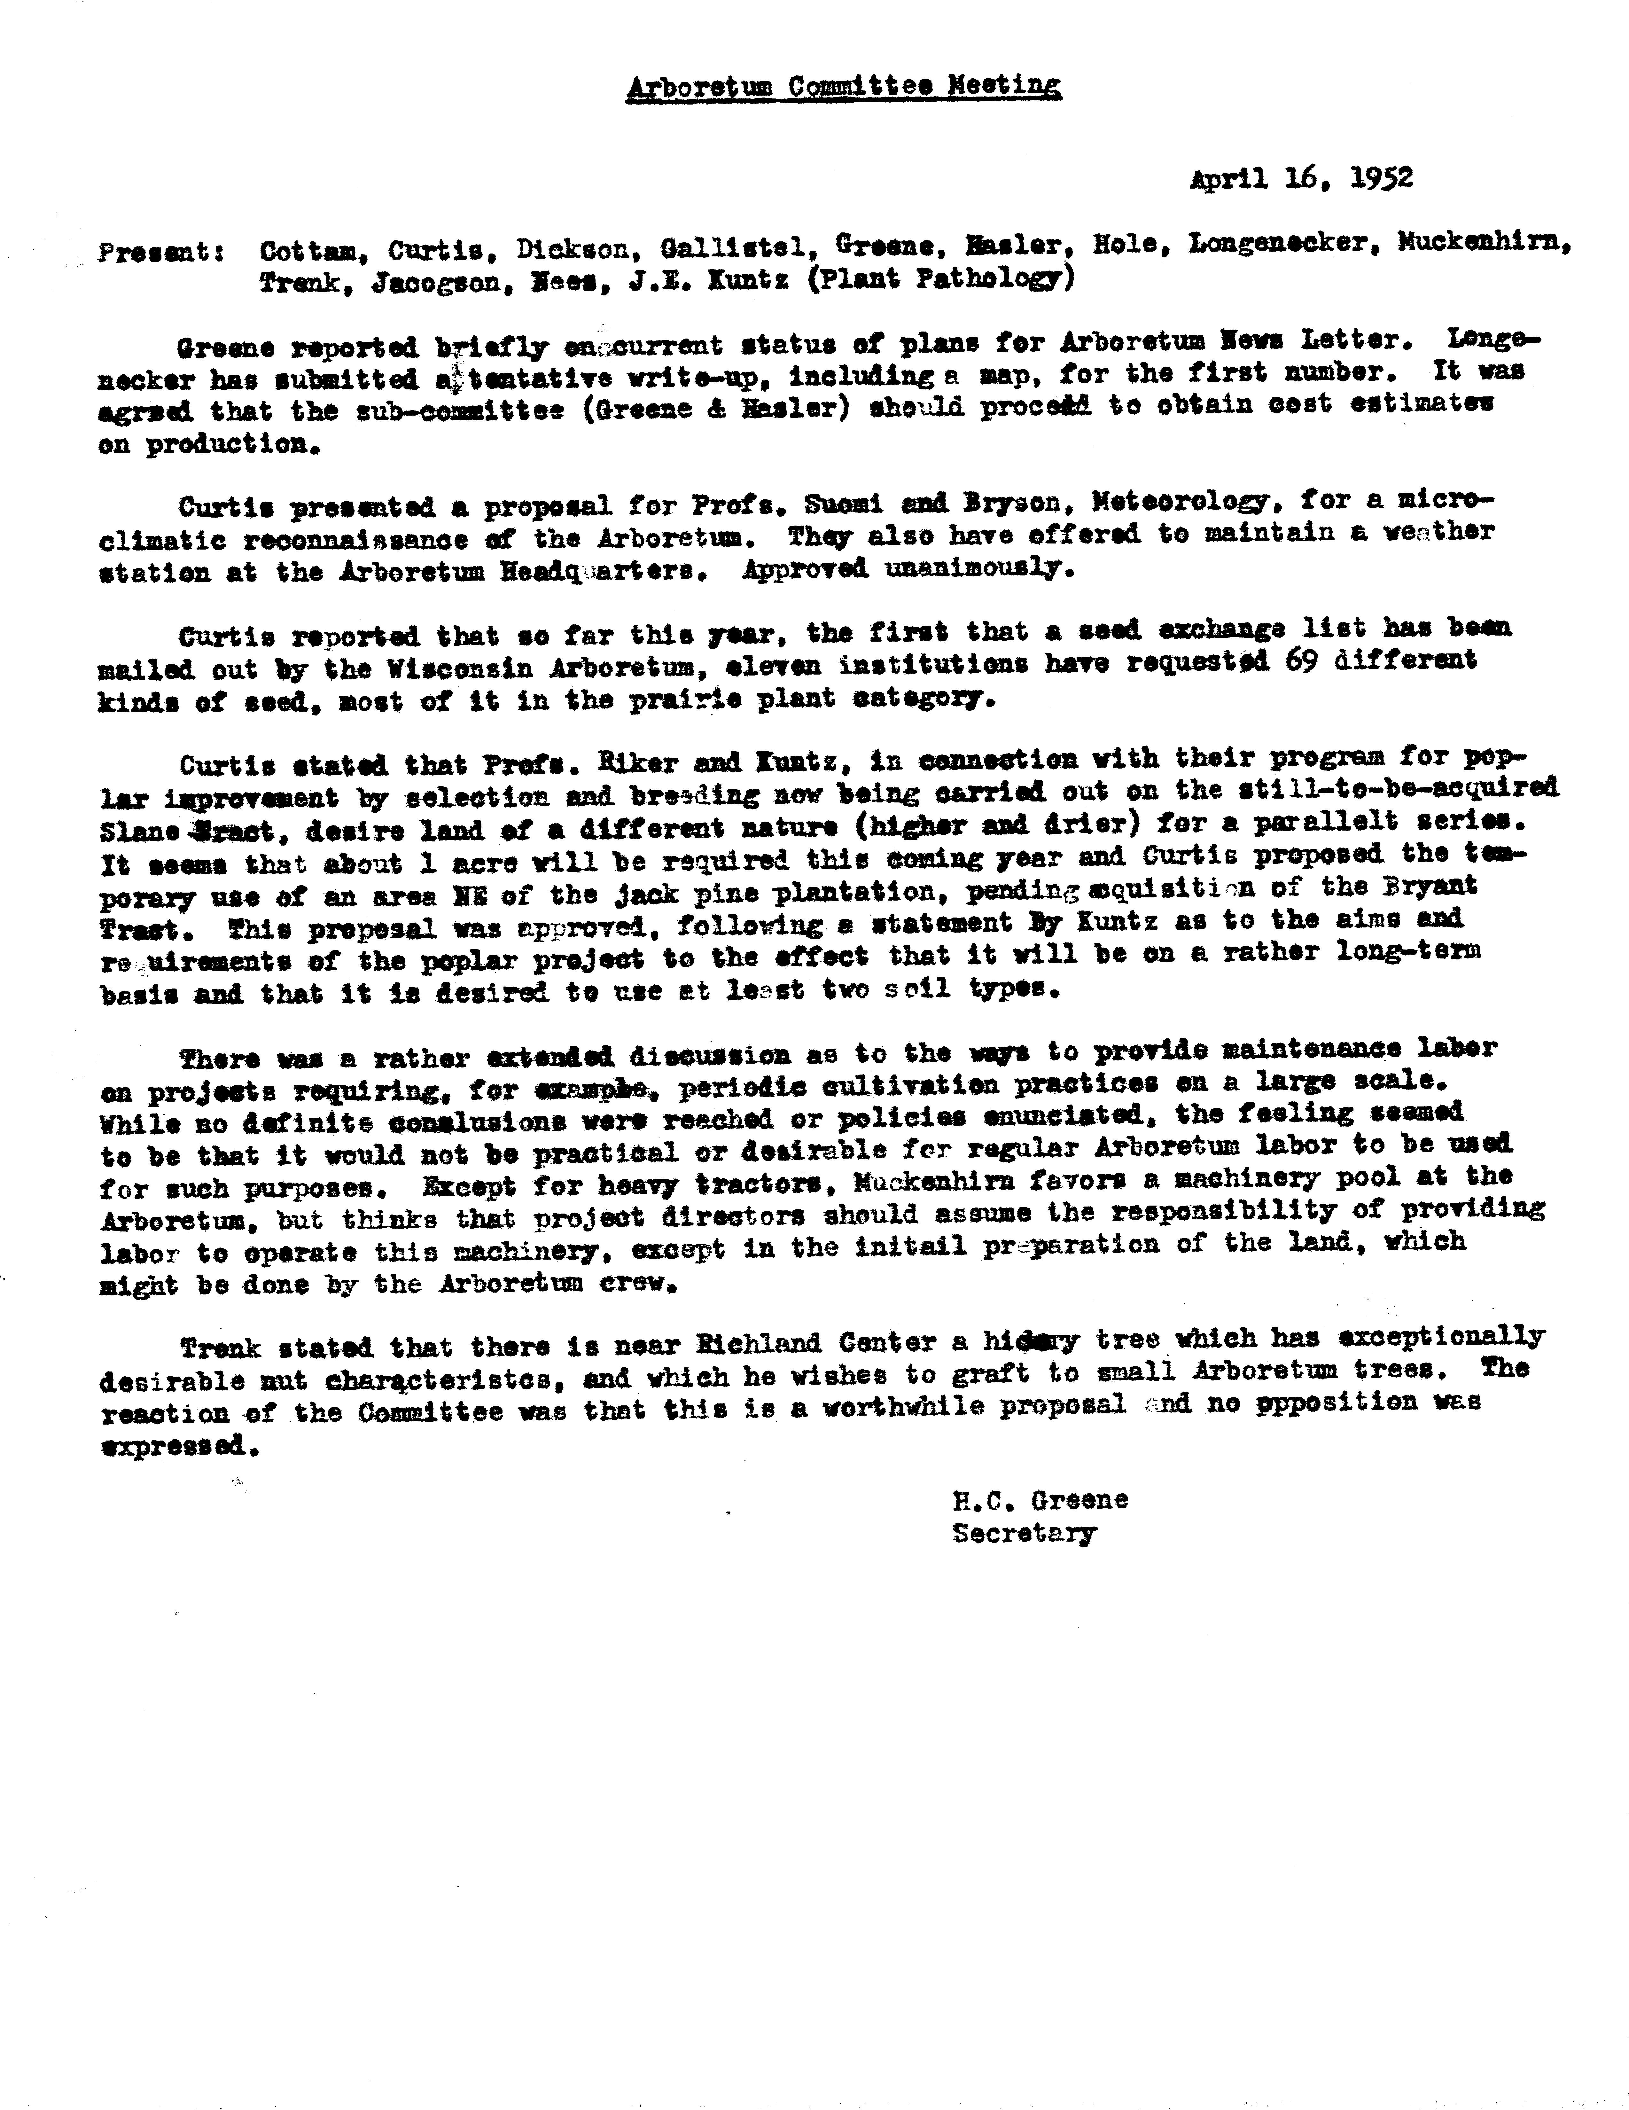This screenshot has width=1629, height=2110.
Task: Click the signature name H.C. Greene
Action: pyautogui.click(x=1040, y=1500)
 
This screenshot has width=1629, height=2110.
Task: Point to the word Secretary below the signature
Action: pyautogui.click(x=1024, y=1533)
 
